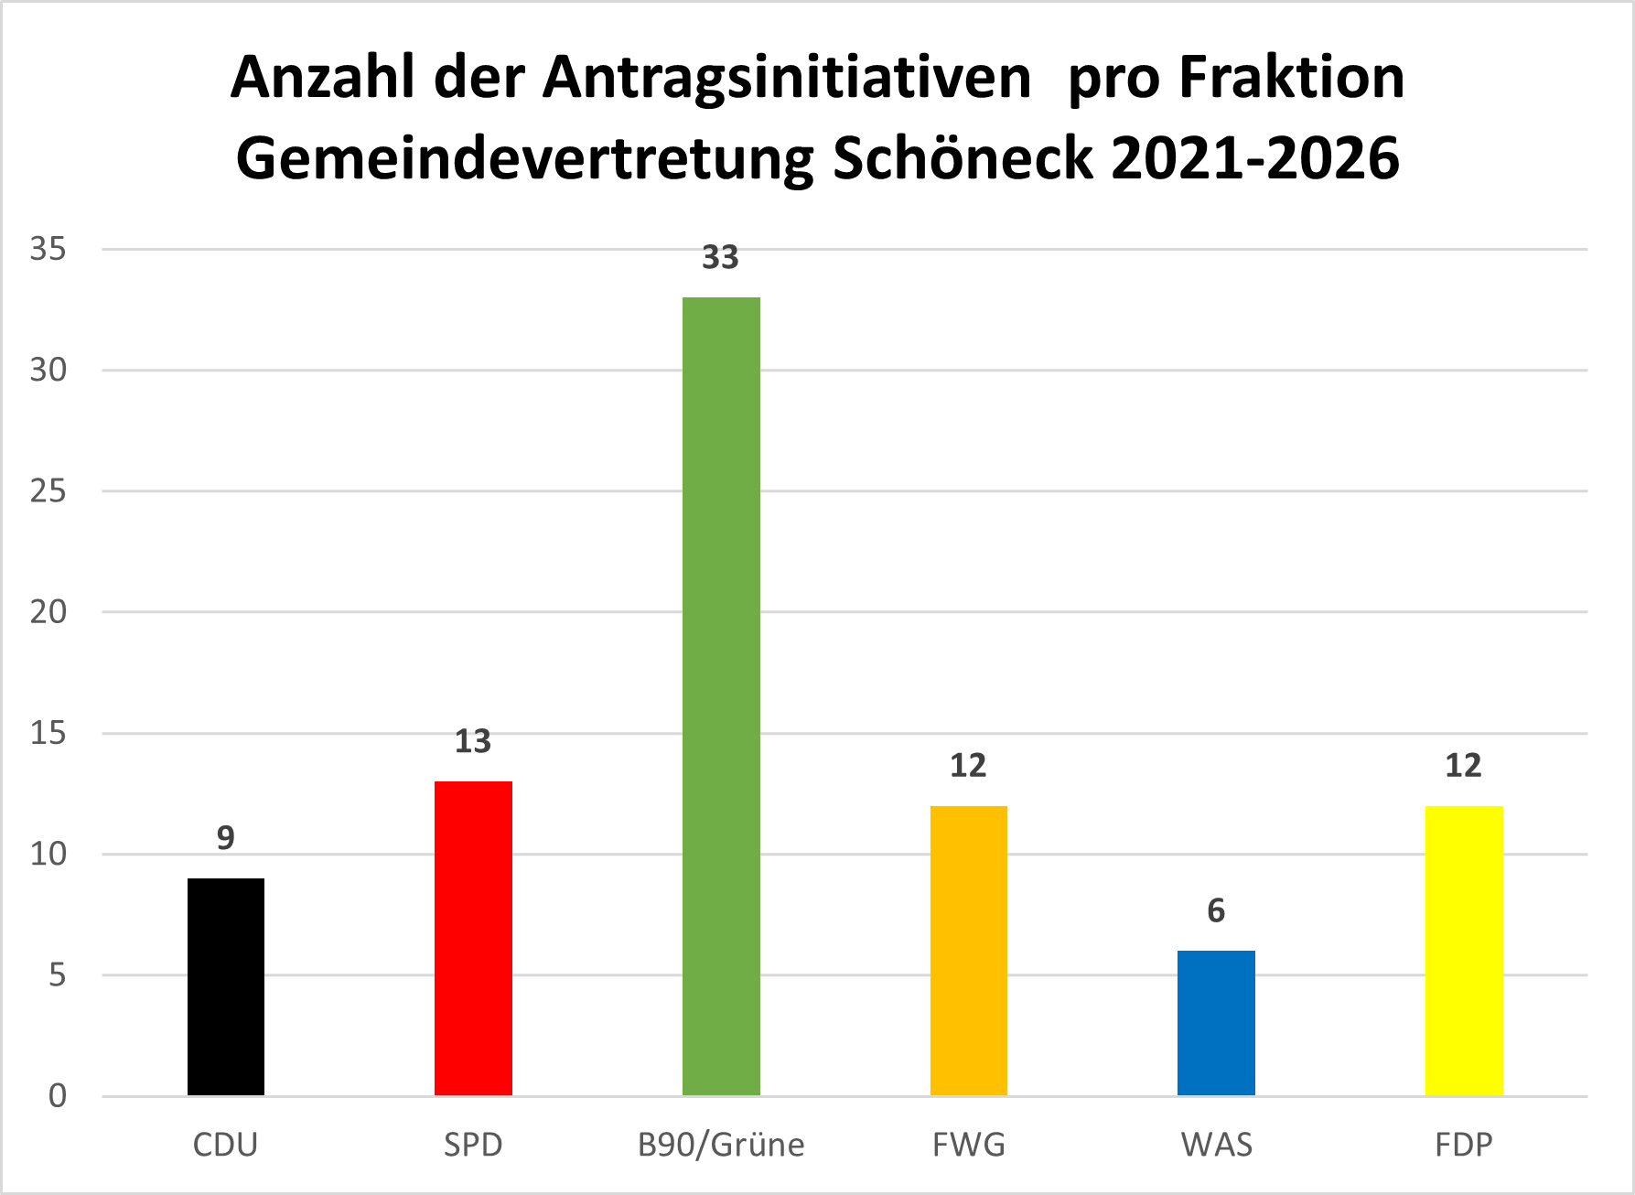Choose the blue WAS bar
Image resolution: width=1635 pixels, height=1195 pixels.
(x=1216, y=1022)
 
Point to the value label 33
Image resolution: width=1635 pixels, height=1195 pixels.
(x=720, y=258)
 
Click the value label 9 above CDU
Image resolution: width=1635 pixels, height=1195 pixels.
(x=226, y=837)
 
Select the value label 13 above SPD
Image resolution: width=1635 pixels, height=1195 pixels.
(x=473, y=741)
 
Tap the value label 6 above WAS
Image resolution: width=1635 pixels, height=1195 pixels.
(x=1216, y=910)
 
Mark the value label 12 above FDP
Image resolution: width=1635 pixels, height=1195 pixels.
(x=1463, y=765)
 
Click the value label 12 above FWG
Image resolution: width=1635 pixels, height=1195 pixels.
(x=968, y=765)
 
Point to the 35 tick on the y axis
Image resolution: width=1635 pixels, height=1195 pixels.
(x=48, y=249)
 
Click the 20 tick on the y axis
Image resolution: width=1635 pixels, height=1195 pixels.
(x=48, y=612)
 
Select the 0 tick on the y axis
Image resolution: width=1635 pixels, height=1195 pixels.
(x=58, y=1095)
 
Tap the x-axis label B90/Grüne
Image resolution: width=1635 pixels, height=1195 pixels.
(x=721, y=1145)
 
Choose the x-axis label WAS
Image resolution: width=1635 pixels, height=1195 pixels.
(x=1216, y=1145)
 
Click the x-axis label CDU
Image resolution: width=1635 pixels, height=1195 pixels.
(x=226, y=1145)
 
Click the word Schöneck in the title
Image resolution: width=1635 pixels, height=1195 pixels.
(x=963, y=157)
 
